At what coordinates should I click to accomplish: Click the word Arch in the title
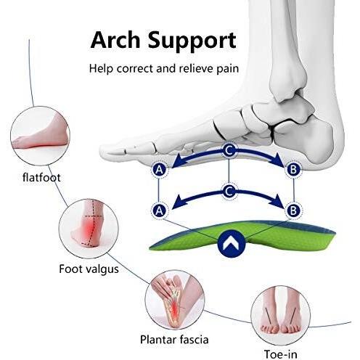(115, 40)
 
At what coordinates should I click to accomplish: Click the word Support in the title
(192, 42)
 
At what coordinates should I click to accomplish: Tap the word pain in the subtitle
(227, 69)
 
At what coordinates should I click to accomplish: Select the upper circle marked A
(159, 170)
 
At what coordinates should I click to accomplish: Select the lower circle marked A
(159, 210)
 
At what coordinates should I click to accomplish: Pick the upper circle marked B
(293, 169)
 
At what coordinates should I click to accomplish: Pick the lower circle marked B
(293, 210)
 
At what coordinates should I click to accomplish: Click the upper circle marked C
(229, 150)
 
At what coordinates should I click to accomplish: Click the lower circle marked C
(229, 192)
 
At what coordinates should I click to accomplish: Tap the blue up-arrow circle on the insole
(232, 244)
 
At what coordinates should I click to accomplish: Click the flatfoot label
(41, 177)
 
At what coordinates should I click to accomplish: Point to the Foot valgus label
(89, 269)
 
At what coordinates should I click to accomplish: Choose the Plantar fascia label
(174, 340)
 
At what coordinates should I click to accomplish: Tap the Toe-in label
(280, 354)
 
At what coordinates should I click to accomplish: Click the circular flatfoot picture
(40, 136)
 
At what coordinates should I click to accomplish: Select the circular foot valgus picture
(89, 229)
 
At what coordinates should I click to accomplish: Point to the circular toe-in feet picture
(280, 315)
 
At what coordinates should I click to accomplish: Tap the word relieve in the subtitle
(196, 68)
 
